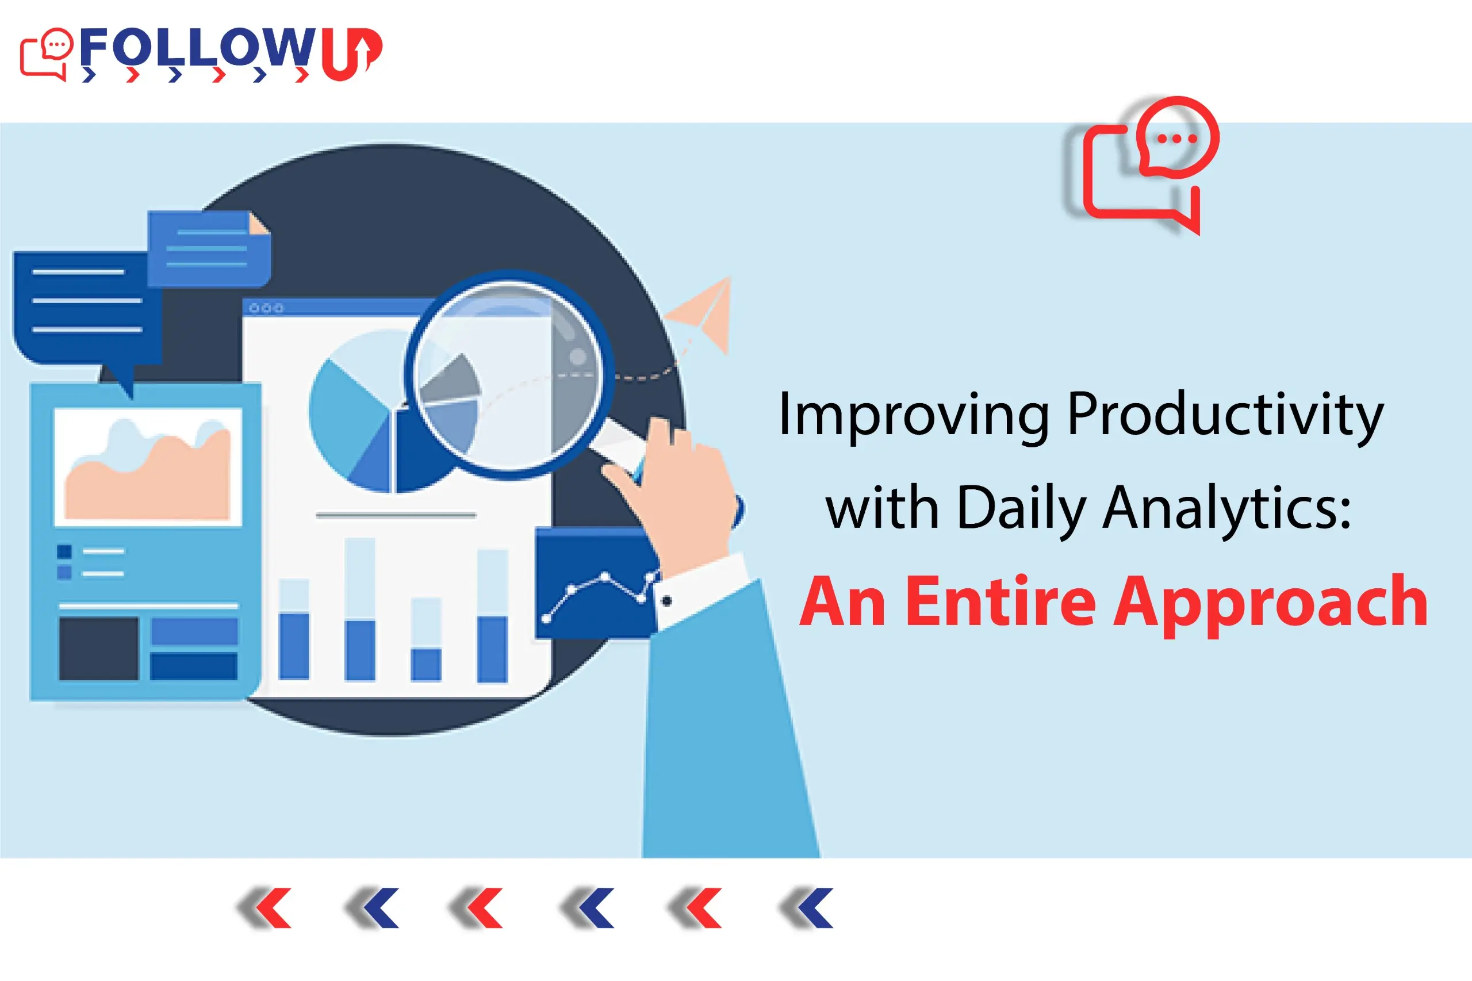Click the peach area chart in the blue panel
(148, 482)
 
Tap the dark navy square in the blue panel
(98, 648)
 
